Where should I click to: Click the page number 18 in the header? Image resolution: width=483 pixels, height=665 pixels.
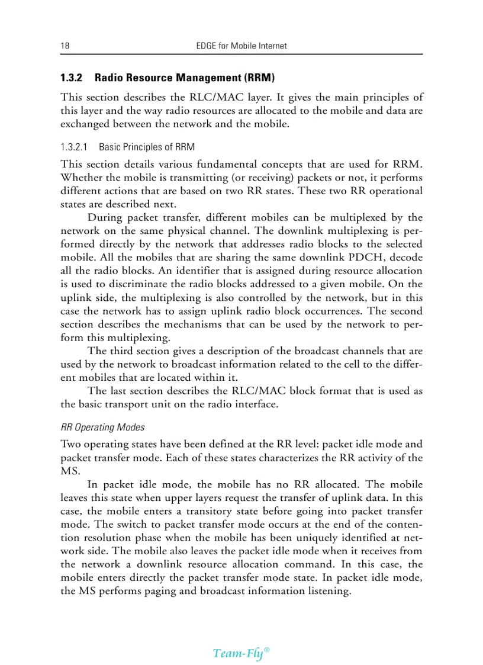click(x=65, y=46)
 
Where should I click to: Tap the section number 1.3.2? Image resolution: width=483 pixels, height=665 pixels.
click(x=72, y=78)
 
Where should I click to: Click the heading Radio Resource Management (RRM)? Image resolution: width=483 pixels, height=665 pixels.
click(x=185, y=78)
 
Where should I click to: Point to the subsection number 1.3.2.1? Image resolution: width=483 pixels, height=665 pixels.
click(x=75, y=147)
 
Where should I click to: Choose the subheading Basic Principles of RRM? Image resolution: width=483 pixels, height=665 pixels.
click(x=146, y=147)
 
